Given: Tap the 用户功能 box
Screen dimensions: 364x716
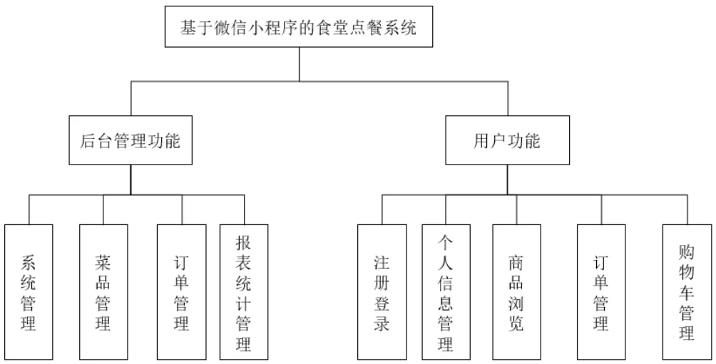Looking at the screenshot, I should [x=506, y=140].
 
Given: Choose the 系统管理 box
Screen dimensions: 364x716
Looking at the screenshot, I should [x=29, y=292].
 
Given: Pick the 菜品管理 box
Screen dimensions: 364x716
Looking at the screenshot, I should [x=103, y=292].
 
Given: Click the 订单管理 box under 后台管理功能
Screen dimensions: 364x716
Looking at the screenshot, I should [x=182, y=292].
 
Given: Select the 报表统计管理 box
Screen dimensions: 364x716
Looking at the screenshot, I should [x=244, y=292].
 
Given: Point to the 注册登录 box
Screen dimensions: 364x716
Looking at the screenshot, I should [x=382, y=292].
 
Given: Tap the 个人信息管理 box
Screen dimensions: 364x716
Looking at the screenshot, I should [x=446, y=292].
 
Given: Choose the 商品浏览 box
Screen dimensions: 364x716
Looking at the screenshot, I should [x=516, y=292].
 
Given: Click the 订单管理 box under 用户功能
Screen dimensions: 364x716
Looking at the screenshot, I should [x=600, y=292].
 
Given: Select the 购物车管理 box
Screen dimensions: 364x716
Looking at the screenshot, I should [x=686, y=292].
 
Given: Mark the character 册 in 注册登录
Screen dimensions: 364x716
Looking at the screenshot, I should [x=382, y=283].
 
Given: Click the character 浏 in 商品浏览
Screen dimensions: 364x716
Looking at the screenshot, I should [x=516, y=303].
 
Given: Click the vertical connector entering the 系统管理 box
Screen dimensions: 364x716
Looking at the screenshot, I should [x=29, y=209].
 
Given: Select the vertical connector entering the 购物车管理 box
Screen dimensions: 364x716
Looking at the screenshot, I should [x=686, y=209].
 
